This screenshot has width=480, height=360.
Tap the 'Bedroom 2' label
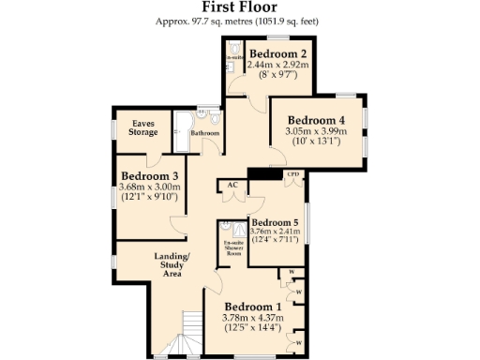(x=278, y=52)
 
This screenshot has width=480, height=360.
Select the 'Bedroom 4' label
(x=316, y=120)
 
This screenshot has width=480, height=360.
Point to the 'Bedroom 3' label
(x=150, y=175)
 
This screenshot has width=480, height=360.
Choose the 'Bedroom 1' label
(x=252, y=307)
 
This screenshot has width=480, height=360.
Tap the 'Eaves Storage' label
(x=143, y=127)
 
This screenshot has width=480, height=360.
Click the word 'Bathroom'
(x=205, y=133)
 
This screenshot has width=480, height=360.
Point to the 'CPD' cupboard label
(x=292, y=174)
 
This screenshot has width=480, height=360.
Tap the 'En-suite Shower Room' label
(x=232, y=248)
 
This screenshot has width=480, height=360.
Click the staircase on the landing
(x=193, y=336)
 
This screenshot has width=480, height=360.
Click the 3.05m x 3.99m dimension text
(x=316, y=132)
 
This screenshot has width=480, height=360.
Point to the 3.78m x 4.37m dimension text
(x=252, y=319)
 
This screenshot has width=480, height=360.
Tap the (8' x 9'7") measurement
(x=278, y=74)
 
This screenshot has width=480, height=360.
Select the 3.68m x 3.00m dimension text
(x=150, y=187)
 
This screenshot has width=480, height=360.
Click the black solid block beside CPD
(x=266, y=174)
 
